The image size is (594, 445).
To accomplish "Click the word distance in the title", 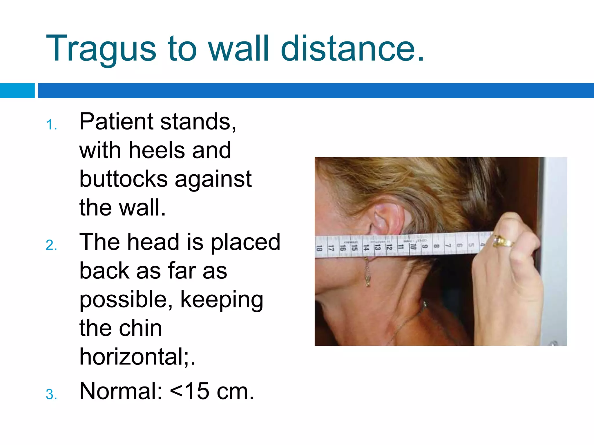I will click(352, 49).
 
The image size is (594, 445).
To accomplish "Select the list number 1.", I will click(51, 125).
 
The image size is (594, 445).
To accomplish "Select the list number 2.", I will click(51, 245).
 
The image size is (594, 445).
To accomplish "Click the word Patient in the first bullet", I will click(116, 122).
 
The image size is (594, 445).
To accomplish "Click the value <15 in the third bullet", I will click(190, 391).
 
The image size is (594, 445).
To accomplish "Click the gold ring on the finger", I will click(503, 241).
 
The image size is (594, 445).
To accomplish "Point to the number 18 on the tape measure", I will click(319, 248).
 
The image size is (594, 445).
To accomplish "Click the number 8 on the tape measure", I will click(436, 246).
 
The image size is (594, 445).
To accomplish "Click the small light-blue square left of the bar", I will click(17, 90).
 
